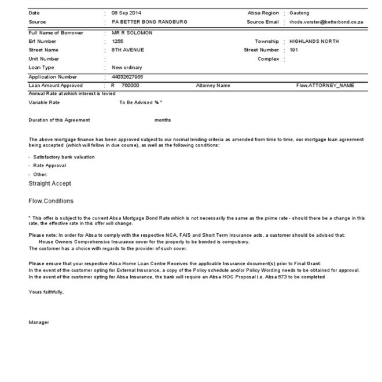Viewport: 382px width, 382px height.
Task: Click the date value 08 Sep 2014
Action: (127, 13)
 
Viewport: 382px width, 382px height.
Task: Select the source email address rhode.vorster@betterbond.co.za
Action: (326, 21)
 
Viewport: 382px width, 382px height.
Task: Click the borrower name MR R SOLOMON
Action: (132, 33)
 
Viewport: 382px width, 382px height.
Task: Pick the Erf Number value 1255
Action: (117, 42)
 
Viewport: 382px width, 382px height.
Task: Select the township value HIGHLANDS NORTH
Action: (314, 42)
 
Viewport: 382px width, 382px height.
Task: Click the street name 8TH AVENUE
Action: (127, 50)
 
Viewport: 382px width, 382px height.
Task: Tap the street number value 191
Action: (293, 50)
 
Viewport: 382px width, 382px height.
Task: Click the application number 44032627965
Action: (128, 76)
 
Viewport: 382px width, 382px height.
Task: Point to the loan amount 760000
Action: (130, 85)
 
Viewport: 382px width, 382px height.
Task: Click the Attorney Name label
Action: (213, 85)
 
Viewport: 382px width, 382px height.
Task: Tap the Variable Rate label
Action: (44, 102)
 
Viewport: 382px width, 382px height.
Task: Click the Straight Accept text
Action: (50, 183)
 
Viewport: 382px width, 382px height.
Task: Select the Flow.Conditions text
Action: (51, 201)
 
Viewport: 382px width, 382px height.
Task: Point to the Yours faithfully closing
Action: (46, 292)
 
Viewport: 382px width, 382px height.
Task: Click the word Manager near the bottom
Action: (39, 322)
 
